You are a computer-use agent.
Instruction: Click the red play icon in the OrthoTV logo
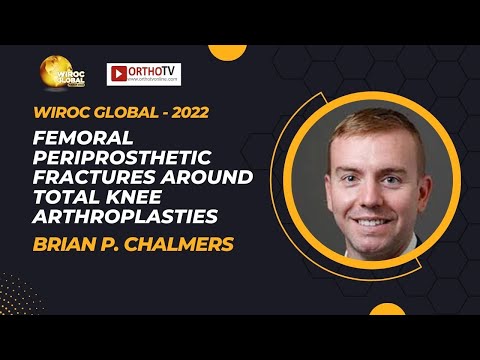pyautogui.click(x=118, y=73)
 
